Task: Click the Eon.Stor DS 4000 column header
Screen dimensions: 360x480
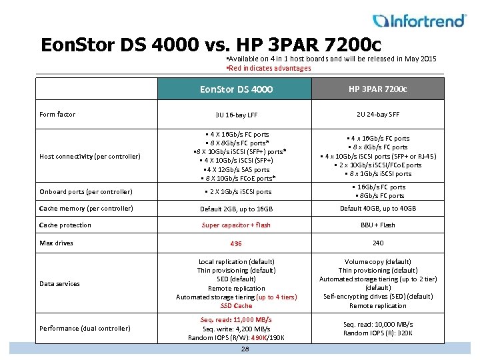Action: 236,89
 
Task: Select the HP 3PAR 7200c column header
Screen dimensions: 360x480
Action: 378,89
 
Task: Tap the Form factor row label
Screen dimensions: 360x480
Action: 57,115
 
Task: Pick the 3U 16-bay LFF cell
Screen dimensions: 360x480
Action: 236,115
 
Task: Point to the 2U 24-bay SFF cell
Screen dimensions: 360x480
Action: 378,115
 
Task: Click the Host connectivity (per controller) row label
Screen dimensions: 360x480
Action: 90,157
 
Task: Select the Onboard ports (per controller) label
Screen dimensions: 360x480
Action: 86,192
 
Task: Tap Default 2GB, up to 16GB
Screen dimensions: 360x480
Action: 236,209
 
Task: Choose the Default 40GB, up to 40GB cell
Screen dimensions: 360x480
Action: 378,209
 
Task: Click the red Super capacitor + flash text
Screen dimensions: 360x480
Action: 236,225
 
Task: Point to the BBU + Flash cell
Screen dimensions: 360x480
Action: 378,225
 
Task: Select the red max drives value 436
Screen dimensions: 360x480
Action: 236,244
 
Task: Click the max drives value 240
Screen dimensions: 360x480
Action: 378,243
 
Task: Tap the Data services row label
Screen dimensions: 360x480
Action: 59,284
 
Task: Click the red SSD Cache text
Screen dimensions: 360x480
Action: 236,306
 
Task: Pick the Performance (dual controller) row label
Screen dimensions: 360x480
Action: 85,328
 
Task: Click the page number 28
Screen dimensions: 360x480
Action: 245,349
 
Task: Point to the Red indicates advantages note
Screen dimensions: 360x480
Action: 269,68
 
